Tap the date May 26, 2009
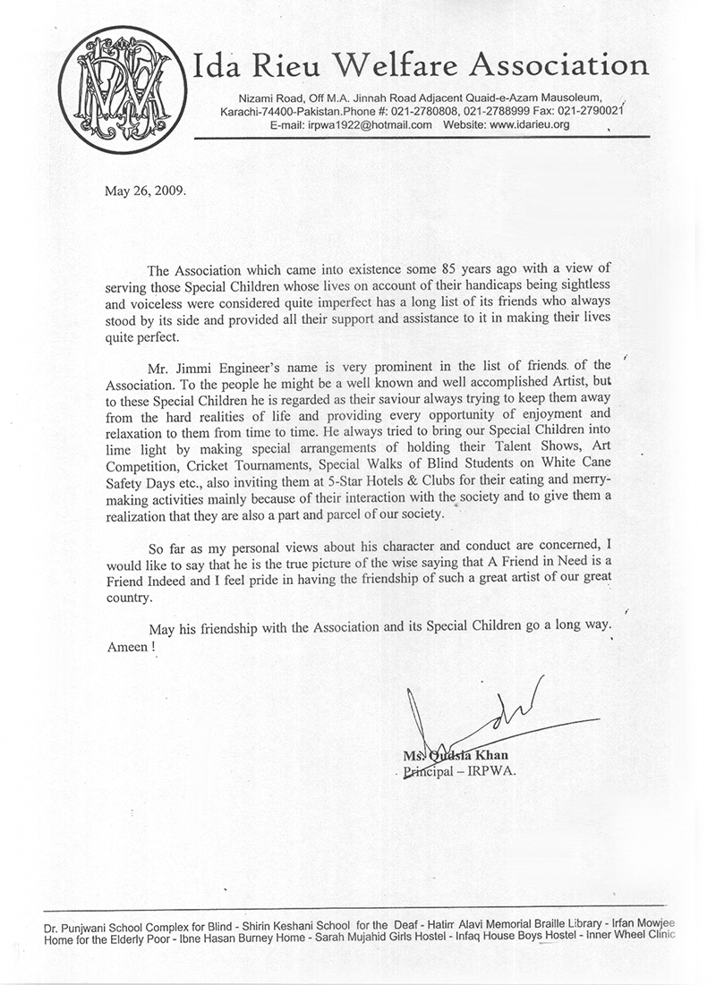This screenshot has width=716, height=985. tap(141, 191)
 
